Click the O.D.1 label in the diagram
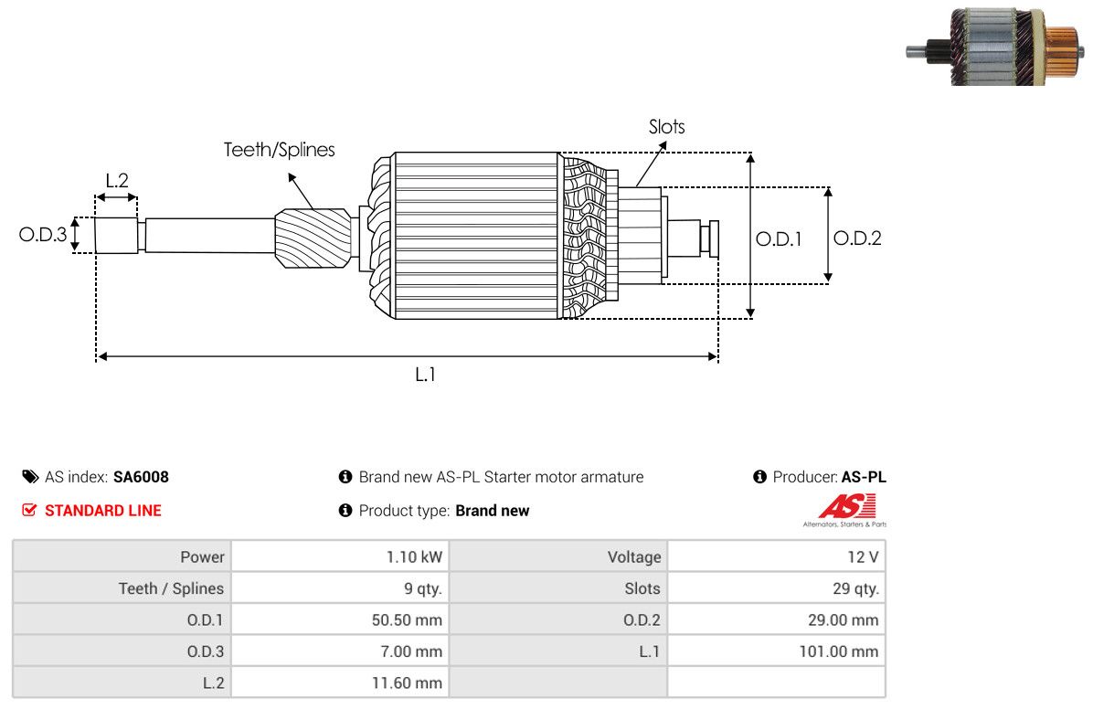pos(779,239)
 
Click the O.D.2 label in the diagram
pos(857,238)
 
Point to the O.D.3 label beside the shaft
pos(43,234)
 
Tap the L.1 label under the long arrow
pos(425,375)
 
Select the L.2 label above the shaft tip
pos(117,181)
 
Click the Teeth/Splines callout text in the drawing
pos(279,150)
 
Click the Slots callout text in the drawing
pos(667,127)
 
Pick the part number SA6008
pos(141,477)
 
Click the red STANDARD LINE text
pos(103,511)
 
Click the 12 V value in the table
pos(863,557)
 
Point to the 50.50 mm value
pos(407,619)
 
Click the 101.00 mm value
pos(839,651)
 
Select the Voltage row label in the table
pos(634,557)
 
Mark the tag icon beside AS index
pos(31,477)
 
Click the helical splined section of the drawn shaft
pos(313,238)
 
